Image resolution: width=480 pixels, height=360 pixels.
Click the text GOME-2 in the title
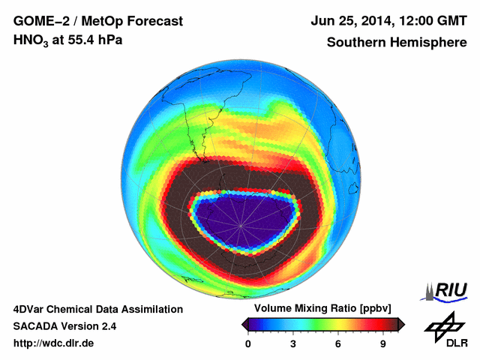(40, 21)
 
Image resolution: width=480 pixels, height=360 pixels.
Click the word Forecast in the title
(149, 21)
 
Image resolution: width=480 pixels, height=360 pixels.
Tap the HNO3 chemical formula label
(32, 40)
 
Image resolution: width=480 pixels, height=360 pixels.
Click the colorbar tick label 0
(248, 344)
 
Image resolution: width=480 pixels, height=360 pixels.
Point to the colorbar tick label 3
(293, 344)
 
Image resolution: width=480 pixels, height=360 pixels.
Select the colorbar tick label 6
(338, 344)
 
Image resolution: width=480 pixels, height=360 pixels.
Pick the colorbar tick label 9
(382, 344)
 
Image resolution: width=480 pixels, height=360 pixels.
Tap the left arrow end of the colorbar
(244, 324)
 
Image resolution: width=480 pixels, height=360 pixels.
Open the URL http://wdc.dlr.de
(54, 343)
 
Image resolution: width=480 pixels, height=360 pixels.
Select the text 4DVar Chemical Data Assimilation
(97, 309)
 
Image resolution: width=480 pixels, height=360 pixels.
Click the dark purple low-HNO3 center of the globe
(240, 221)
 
